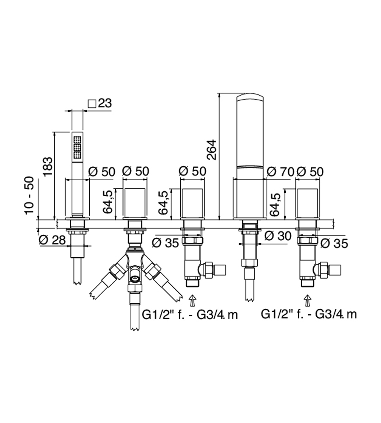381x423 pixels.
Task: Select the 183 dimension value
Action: [48, 166]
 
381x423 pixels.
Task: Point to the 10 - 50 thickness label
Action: [30, 195]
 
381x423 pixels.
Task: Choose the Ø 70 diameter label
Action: [280, 172]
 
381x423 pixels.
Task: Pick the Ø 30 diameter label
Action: [278, 236]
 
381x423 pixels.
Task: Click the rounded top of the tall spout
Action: [250, 97]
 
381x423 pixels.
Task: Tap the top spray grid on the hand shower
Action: [77, 140]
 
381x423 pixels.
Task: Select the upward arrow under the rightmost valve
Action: [308, 300]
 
